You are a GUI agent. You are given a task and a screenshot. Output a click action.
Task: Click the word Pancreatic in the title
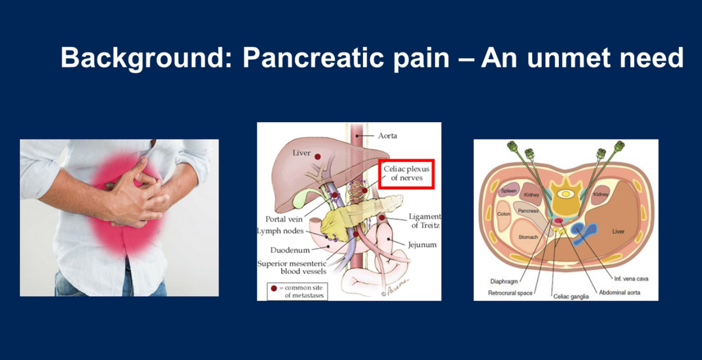point(314,58)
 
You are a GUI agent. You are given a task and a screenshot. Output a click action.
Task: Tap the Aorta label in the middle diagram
point(387,136)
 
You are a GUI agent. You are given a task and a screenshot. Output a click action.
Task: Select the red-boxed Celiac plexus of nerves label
point(407,174)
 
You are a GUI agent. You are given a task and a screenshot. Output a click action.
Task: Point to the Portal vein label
point(284,219)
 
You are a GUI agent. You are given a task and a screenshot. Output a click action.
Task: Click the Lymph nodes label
point(280,231)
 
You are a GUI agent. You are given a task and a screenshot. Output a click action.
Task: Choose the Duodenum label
point(290,250)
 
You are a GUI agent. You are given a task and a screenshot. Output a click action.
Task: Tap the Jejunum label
point(422,245)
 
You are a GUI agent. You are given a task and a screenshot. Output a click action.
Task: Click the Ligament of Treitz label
point(425,221)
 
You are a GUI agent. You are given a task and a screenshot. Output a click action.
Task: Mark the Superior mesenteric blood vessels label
point(292,267)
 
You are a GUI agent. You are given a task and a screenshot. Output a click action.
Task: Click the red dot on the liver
point(318,156)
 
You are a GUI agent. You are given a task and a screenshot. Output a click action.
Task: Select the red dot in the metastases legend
point(274,288)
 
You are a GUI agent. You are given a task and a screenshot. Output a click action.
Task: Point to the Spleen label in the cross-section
point(509,191)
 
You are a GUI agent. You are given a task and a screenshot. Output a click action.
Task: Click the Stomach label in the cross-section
point(528,237)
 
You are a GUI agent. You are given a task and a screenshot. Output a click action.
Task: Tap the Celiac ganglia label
point(571,296)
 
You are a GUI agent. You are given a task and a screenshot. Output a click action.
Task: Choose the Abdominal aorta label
point(619,293)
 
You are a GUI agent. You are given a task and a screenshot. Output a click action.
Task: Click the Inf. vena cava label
point(631,279)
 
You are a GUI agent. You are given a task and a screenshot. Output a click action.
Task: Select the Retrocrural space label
point(510,293)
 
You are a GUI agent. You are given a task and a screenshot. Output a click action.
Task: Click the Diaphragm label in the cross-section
point(504,282)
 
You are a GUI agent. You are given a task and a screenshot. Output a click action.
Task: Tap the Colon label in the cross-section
point(503,214)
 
